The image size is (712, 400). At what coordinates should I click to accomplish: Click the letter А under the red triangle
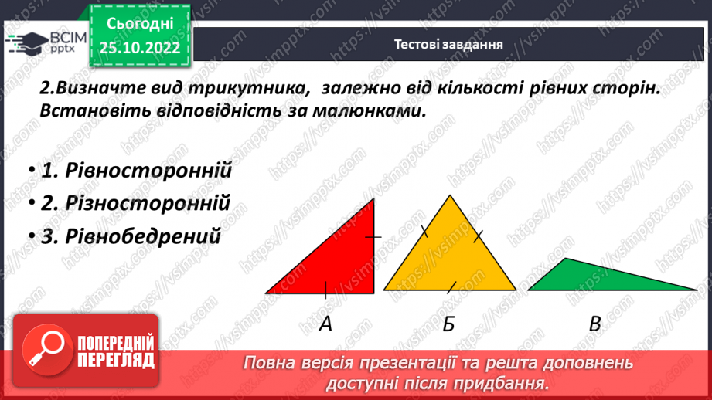click(x=325, y=324)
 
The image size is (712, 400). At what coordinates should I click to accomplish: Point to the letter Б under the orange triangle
click(x=449, y=324)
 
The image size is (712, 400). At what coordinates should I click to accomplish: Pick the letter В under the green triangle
click(x=594, y=324)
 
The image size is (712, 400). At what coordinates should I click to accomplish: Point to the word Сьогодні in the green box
click(x=139, y=25)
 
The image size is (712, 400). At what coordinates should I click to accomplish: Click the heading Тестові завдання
click(x=448, y=44)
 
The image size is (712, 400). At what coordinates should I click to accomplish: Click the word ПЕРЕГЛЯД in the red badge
click(x=116, y=360)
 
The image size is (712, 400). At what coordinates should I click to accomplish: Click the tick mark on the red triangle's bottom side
click(x=325, y=290)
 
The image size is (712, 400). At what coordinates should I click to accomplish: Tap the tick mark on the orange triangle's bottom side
click(x=450, y=289)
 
